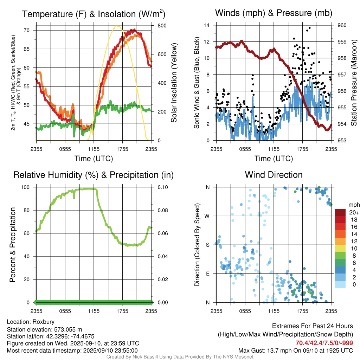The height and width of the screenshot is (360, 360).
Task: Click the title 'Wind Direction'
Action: tap(274, 175)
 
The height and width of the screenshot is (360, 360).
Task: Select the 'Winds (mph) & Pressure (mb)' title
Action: tap(274, 13)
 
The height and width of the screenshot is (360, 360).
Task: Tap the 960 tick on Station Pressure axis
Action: tap(342, 25)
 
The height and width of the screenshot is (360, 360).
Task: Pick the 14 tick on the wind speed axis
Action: tap(207, 25)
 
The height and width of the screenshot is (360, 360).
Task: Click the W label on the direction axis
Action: tap(207, 216)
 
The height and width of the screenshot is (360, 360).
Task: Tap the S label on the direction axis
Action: tap(207, 245)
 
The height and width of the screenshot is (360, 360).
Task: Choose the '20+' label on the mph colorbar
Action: tap(353, 212)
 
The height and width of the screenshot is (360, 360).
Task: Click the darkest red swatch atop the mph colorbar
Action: tap(340, 212)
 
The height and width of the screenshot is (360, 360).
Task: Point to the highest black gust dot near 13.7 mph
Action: tap(309, 28)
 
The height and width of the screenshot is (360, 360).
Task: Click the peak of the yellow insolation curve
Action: tap(117, 26)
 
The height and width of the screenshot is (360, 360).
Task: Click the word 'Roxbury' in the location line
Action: tap(43, 322)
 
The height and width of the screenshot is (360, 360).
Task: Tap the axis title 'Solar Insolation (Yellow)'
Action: tap(174, 83)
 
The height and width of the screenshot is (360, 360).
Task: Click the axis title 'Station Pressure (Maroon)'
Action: tap(354, 83)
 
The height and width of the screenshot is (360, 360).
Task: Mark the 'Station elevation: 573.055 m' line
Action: tap(44, 329)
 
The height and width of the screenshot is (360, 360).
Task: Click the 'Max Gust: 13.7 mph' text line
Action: tap(295, 351)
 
